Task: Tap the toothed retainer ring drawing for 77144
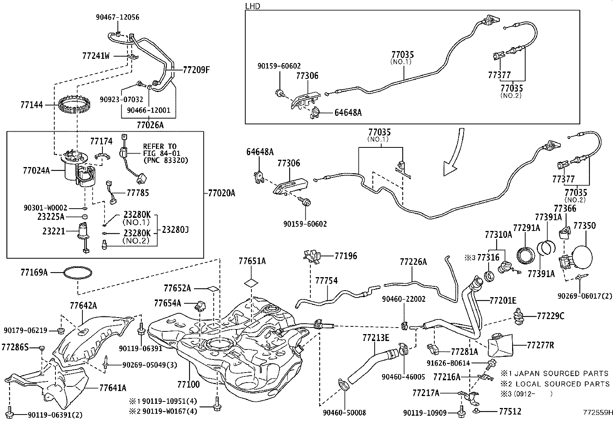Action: tap(75, 105)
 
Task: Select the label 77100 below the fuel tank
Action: tap(189, 384)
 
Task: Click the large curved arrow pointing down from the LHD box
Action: tap(454, 154)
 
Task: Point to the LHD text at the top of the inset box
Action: tap(253, 6)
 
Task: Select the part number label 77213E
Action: tap(376, 338)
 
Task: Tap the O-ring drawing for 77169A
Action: tap(78, 273)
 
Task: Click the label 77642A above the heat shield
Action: tap(84, 306)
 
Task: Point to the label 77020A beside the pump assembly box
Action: tap(221, 192)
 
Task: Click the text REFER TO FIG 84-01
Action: tap(160, 149)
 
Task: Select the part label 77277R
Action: tap(540, 345)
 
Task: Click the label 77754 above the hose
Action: tap(327, 281)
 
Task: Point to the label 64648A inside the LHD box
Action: tap(348, 113)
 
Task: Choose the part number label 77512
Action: tap(510, 412)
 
